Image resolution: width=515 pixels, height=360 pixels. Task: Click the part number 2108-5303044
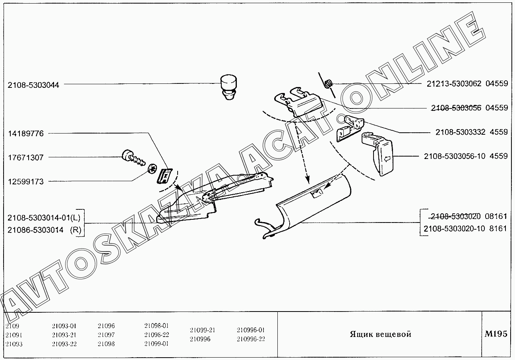33,85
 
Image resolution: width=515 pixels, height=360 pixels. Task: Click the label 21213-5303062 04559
467,84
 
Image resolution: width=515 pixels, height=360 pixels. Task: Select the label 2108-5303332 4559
471,132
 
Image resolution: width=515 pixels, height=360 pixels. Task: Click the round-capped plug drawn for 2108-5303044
228,86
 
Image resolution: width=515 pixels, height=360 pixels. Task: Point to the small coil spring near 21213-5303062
328,84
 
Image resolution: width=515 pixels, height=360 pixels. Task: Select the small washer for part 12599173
152,169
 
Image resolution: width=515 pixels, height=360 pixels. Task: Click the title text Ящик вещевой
380,334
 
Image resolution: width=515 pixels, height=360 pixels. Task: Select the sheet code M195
496,334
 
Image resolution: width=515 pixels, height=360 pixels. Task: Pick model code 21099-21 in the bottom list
202,330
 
